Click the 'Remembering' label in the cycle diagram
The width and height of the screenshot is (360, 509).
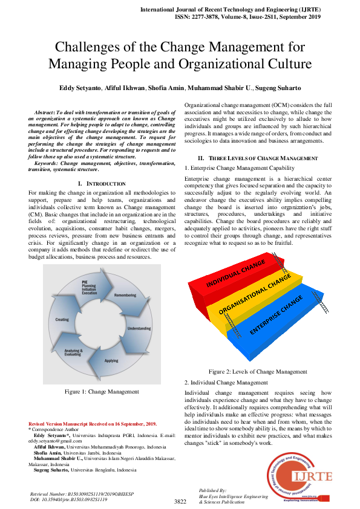click(125, 295)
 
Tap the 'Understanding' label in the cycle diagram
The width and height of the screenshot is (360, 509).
click(140, 328)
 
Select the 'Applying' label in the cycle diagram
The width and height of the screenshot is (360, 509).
click(111, 361)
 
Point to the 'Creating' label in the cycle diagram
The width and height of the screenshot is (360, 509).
click(62, 319)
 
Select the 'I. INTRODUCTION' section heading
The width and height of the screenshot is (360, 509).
click(102, 183)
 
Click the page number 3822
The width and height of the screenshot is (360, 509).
click(180, 501)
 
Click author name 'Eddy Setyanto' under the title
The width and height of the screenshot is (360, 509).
click(80, 88)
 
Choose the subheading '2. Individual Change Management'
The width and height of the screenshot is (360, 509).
click(226, 383)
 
